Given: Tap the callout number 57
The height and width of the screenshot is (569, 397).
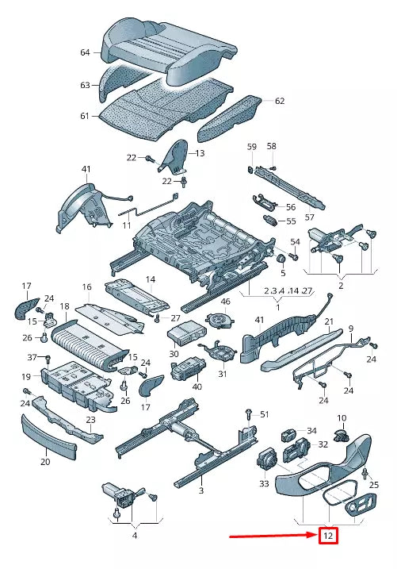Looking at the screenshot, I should pos(310,217).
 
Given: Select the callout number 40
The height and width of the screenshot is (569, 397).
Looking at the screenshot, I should pos(197,386).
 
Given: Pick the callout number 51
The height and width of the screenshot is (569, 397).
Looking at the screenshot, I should pos(265,414).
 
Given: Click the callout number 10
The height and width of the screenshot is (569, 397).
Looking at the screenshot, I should pos(342,417).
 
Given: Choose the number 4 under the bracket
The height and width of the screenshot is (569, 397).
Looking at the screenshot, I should pos(135,536).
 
